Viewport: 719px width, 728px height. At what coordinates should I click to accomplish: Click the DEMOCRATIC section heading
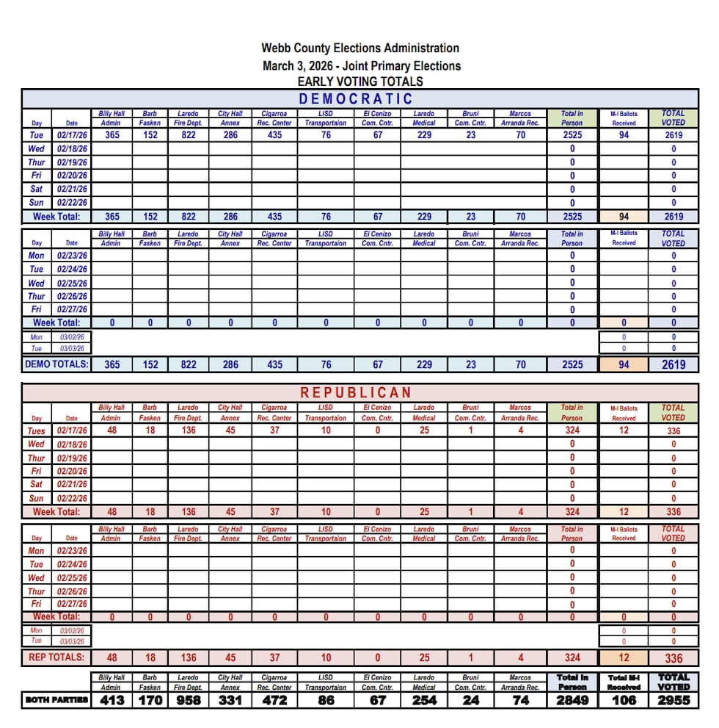tap(356, 99)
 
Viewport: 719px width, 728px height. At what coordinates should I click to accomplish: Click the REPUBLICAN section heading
tap(356, 393)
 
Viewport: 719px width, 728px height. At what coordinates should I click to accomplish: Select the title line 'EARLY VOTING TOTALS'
tap(360, 82)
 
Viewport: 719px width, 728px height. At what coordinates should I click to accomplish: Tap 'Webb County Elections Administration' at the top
tap(360, 48)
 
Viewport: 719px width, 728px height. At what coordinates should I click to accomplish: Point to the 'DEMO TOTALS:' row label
tap(56, 364)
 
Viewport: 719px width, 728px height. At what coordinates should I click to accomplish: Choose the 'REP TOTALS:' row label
tap(56, 657)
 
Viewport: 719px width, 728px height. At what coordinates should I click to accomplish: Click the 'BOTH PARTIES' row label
tap(56, 700)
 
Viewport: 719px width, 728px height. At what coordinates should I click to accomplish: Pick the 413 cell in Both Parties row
tap(112, 700)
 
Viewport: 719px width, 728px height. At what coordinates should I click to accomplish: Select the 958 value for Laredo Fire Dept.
tap(189, 700)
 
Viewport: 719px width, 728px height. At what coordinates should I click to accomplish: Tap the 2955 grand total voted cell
tap(674, 700)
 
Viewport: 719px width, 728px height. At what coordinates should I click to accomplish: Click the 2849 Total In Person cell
tap(572, 700)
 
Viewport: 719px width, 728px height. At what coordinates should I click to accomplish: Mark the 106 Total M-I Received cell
tap(624, 700)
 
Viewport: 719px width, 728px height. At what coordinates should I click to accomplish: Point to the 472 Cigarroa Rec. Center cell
tap(274, 700)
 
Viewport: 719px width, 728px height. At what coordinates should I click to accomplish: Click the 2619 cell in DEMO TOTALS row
tap(674, 364)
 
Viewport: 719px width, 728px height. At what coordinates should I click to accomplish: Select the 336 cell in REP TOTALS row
tap(674, 658)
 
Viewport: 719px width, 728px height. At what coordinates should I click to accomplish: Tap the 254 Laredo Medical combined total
tap(424, 700)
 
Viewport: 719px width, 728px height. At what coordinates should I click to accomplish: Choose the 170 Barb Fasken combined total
tap(150, 700)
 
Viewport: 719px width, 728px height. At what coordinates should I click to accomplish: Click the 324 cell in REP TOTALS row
tap(572, 658)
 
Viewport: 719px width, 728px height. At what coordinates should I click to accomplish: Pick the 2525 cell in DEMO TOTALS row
tap(572, 364)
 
